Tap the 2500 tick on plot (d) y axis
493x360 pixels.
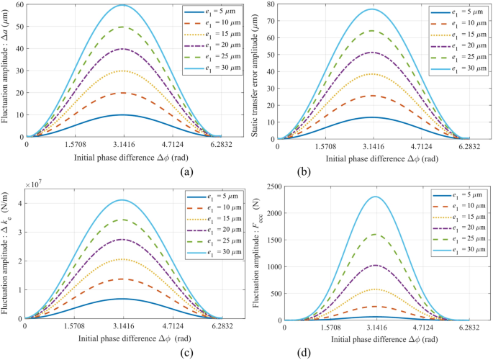click(x=271, y=187)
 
